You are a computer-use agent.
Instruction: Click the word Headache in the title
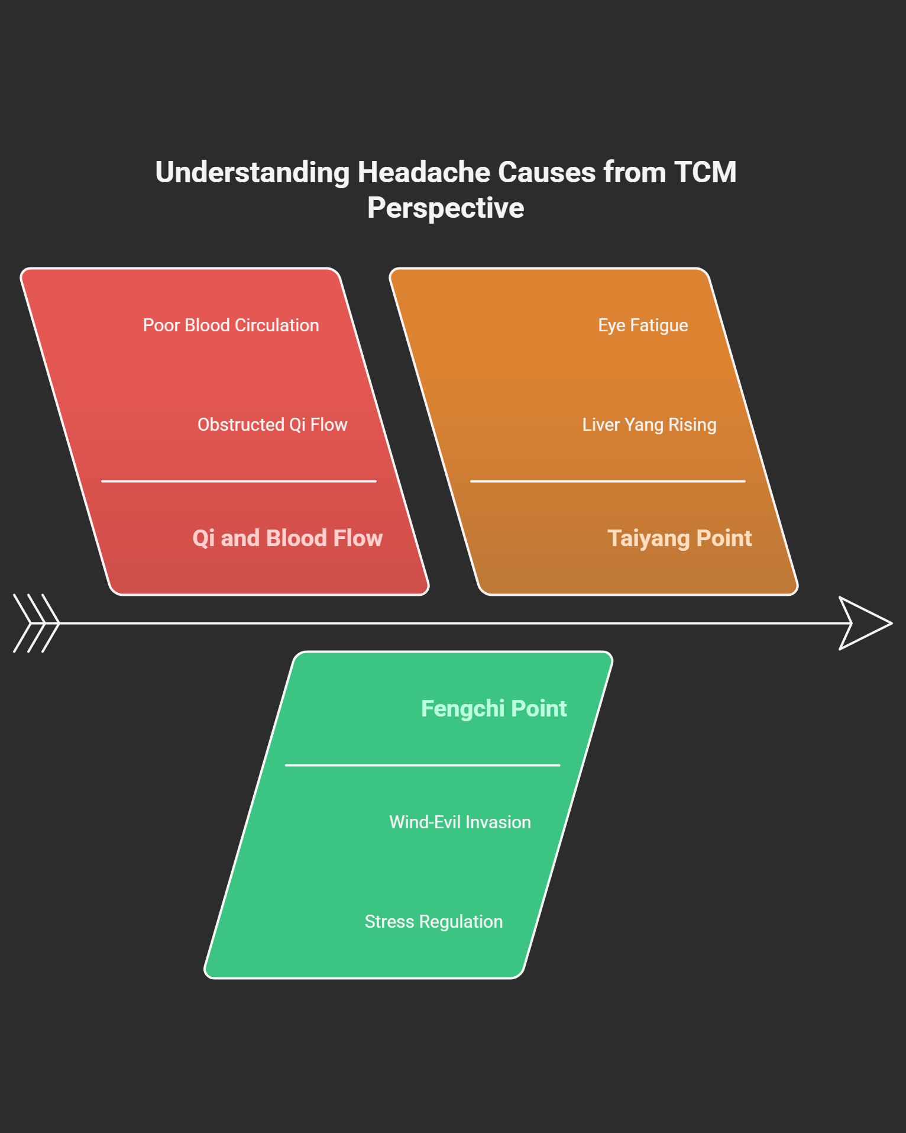pyautogui.click(x=423, y=173)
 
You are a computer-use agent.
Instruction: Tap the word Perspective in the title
pyautogui.click(x=445, y=208)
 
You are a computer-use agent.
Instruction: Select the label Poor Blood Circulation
pyautogui.click(x=231, y=325)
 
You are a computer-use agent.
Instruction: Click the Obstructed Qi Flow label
pyautogui.click(x=272, y=425)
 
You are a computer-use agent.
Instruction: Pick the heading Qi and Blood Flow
pyautogui.click(x=287, y=538)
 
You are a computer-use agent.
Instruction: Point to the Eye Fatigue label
pyautogui.click(x=643, y=325)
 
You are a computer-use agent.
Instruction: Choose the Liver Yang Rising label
pyautogui.click(x=649, y=425)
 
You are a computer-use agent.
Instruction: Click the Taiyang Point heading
pyautogui.click(x=679, y=538)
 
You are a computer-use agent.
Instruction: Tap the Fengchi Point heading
pyautogui.click(x=494, y=709)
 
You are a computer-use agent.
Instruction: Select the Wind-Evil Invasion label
pyautogui.click(x=460, y=822)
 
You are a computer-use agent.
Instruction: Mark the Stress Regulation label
pyautogui.click(x=433, y=922)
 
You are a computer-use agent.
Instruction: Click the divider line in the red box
pyautogui.click(x=239, y=482)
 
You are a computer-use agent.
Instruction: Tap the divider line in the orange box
pyautogui.click(x=607, y=482)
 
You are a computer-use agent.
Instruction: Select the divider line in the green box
pyautogui.click(x=422, y=765)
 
